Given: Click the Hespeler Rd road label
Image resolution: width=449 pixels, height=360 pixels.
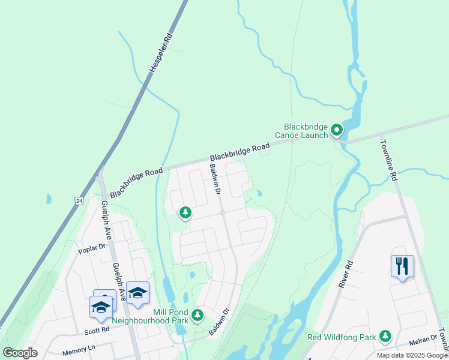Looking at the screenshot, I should pos(161,53).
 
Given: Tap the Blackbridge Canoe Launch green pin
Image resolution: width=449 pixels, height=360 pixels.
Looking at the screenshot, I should pos(337,129).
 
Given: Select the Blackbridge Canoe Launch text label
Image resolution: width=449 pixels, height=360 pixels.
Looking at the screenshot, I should pos(306,131).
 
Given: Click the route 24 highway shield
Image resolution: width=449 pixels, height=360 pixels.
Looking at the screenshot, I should pos(79,199).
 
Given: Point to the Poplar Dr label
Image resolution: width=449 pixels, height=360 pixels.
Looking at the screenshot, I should pos(92,247).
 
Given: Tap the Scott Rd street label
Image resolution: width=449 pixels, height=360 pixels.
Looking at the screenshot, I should pos(97,329).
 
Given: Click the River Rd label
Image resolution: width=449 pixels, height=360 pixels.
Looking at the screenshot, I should pos(345,274).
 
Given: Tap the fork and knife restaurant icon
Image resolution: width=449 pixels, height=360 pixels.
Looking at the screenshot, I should pos(402,265).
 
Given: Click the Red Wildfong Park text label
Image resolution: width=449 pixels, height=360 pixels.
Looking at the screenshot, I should pos(341,337).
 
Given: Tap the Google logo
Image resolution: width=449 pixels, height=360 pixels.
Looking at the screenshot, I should pos(20,352).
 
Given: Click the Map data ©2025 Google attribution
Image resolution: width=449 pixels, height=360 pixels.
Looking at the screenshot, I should pos(412,355).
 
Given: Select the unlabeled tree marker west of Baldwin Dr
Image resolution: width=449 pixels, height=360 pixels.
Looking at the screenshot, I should pos(185,212).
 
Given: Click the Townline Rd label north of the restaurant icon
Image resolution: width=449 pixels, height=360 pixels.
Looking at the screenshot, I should pos(389,160).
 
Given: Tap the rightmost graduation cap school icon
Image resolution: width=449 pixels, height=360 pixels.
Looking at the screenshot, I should pos(137,292).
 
